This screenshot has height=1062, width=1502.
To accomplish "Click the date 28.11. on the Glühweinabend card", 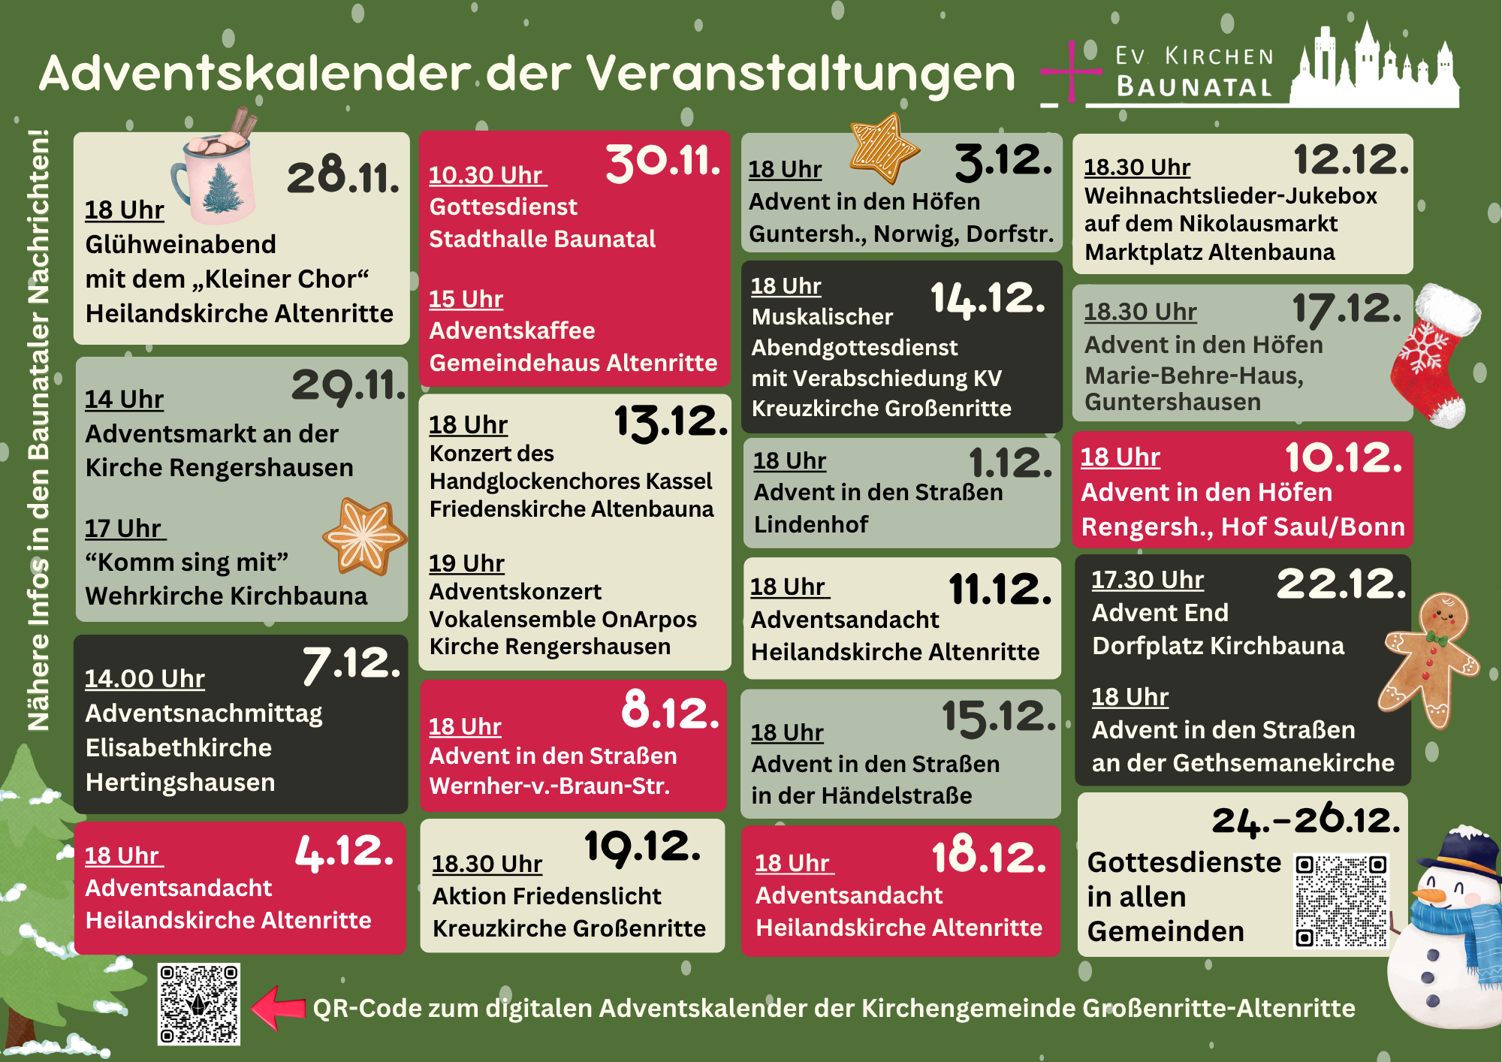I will pos(342,176).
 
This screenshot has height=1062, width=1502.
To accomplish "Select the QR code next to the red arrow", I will pos(198,1004).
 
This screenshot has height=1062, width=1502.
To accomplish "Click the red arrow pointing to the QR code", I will pos(277,1007).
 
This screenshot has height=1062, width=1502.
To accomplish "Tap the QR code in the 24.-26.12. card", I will pos(1341,900).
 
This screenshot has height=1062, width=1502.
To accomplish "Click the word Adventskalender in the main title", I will pos(255,74).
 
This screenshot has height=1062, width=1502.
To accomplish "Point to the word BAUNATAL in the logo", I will pos(1194,87).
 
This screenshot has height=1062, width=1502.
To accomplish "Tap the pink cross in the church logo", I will pos(1071,72).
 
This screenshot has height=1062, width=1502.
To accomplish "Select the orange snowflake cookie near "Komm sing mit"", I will pos(365,536).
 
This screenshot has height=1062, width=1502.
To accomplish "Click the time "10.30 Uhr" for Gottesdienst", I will pos(487,175).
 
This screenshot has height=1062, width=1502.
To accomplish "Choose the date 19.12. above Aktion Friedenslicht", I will pos(642,847).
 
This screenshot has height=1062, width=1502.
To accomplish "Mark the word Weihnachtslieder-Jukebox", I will pos(1230,196).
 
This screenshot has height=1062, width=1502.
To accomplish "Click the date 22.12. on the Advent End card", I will pos(1341,584).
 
